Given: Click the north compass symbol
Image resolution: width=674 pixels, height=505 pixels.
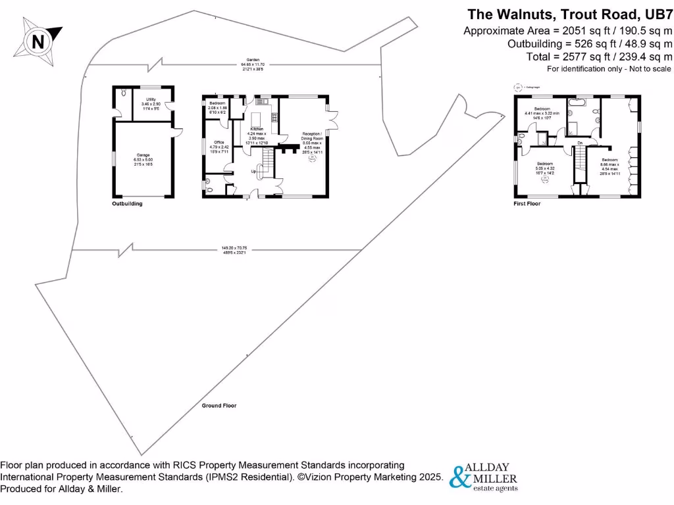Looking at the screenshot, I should (38, 41).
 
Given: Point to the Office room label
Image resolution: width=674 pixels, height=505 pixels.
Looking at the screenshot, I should (218, 147).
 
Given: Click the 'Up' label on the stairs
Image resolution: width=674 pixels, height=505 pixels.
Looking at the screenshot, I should (254, 172).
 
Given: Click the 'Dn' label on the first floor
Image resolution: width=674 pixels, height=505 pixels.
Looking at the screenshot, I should (579, 143).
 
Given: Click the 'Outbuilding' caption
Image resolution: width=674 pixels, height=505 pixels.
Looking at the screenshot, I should (126, 204).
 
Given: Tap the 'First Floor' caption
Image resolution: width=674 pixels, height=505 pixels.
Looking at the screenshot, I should (527, 204).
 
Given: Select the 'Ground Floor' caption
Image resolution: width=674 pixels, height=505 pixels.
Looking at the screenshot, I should (219, 406).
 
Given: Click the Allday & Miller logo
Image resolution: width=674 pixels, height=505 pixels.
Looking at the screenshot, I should (484, 476).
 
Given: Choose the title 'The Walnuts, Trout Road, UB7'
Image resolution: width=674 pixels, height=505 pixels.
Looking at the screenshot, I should (569, 14).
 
